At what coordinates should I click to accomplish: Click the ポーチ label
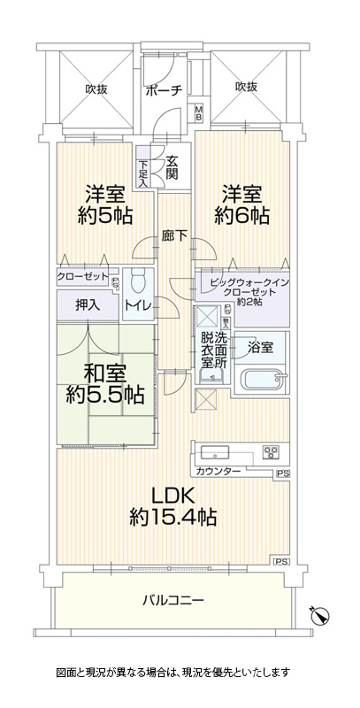click(x=164, y=90)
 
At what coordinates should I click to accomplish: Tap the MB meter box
click(x=198, y=112)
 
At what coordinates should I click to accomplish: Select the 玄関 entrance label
click(x=172, y=166)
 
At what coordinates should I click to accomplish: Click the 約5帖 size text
click(x=104, y=216)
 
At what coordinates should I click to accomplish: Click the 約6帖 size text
click(x=241, y=216)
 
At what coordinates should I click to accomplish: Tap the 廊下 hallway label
click(x=175, y=235)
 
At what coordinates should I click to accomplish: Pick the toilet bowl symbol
click(x=139, y=282)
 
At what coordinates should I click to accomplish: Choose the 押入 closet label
click(x=88, y=305)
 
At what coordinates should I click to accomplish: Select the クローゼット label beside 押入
click(x=83, y=276)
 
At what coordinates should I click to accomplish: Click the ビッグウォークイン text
click(x=249, y=283)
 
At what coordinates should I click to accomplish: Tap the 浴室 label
click(x=260, y=348)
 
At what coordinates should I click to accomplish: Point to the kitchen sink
click(x=215, y=451)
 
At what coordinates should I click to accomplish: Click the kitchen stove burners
click(x=271, y=451)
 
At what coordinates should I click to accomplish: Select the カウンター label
click(x=218, y=472)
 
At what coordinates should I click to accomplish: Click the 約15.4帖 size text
click(x=173, y=517)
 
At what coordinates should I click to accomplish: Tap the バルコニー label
click(x=173, y=600)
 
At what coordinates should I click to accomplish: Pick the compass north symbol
click(x=320, y=615)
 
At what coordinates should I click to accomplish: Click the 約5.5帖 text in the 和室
click(x=104, y=396)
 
